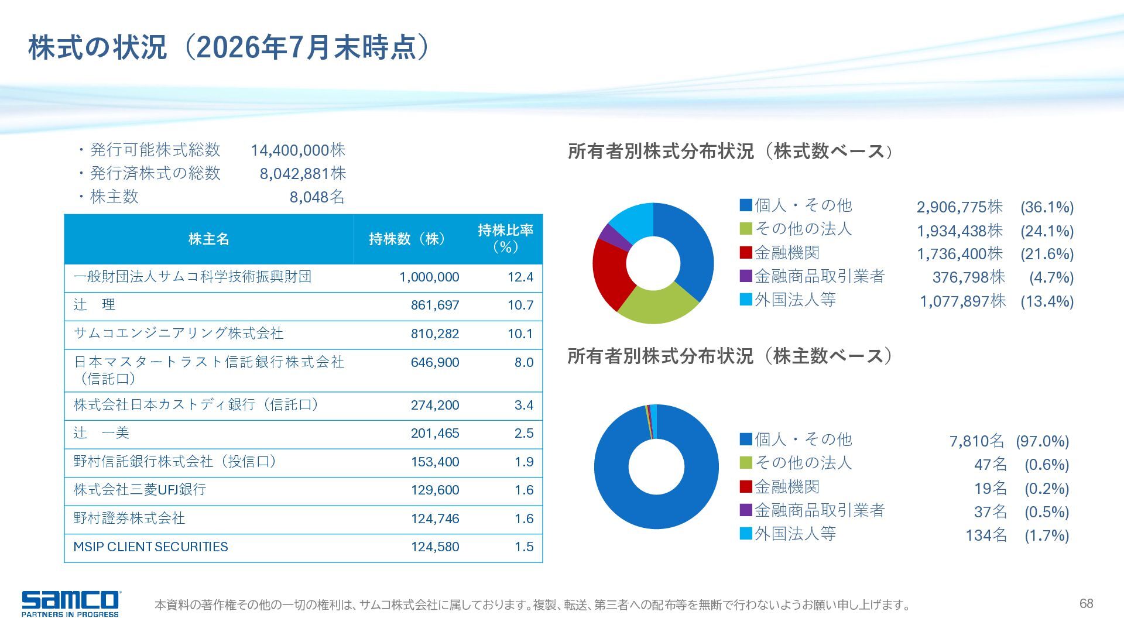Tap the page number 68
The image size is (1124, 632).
point(1086,603)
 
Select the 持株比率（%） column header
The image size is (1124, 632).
point(506,239)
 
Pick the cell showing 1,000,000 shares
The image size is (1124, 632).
point(429,277)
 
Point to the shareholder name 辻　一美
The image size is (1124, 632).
point(101,433)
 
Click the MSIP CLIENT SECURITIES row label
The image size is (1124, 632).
point(150,547)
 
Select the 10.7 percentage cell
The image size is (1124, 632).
point(520,305)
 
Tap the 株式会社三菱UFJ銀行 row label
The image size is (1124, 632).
point(139,490)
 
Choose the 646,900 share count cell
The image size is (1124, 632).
point(435,362)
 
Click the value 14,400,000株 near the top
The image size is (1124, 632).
point(298,150)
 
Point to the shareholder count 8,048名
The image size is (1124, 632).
point(317,197)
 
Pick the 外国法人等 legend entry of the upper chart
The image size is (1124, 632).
point(788,300)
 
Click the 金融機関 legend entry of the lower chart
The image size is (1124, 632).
point(780,487)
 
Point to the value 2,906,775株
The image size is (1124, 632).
point(959,207)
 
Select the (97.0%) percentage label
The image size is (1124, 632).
point(1042,441)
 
